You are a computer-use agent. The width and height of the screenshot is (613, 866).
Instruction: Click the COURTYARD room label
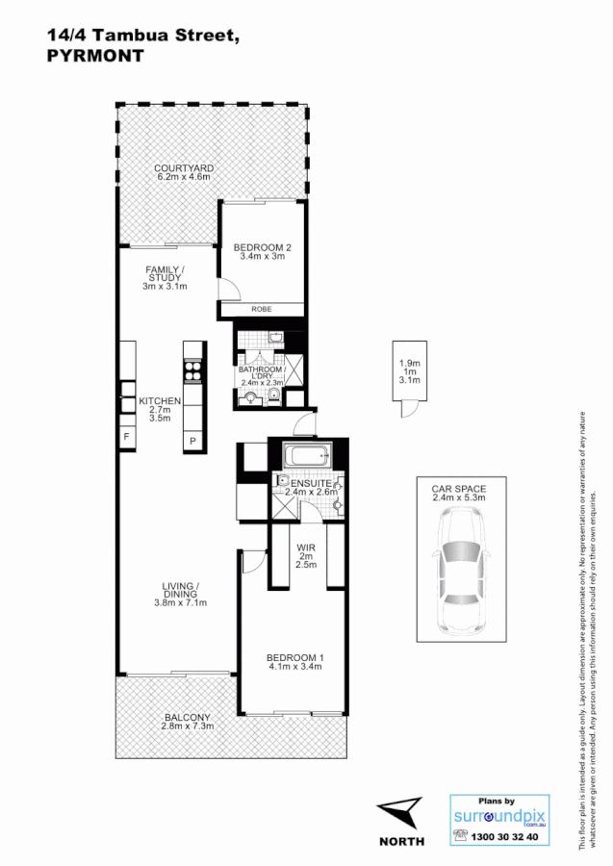click(x=184, y=168)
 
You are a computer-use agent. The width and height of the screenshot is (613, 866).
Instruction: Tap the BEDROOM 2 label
click(x=262, y=247)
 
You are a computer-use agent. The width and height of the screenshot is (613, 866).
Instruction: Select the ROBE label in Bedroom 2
click(x=261, y=309)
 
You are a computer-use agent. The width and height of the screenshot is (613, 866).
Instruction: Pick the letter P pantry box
click(x=192, y=441)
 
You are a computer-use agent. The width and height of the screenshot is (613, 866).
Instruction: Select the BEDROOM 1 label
click(x=294, y=658)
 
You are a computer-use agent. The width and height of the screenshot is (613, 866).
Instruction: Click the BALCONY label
click(x=187, y=717)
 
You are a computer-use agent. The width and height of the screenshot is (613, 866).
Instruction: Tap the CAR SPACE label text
click(x=458, y=488)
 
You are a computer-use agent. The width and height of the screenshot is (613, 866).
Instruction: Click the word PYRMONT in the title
click(x=94, y=56)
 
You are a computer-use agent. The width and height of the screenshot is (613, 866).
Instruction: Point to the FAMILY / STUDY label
click(x=165, y=273)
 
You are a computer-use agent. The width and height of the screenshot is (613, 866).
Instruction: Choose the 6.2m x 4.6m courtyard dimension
click(x=184, y=178)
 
